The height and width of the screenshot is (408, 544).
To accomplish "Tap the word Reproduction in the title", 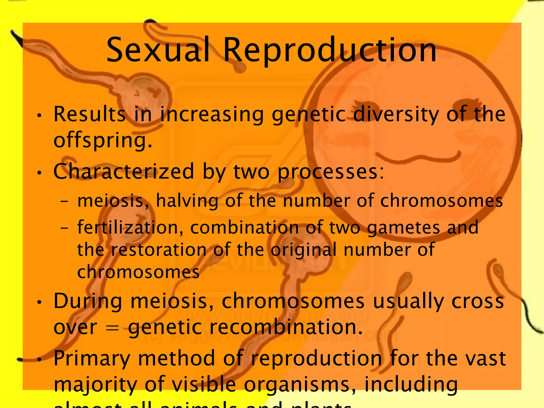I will pyautogui.click(x=330, y=50).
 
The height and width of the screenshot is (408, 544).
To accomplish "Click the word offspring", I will pyautogui.click(x=103, y=141).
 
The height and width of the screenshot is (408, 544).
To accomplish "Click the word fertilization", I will pyautogui.click(x=130, y=228).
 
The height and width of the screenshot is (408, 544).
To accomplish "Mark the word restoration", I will pyautogui.click(x=159, y=250).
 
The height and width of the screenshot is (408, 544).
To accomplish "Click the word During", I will pyautogui.click(x=88, y=302).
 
